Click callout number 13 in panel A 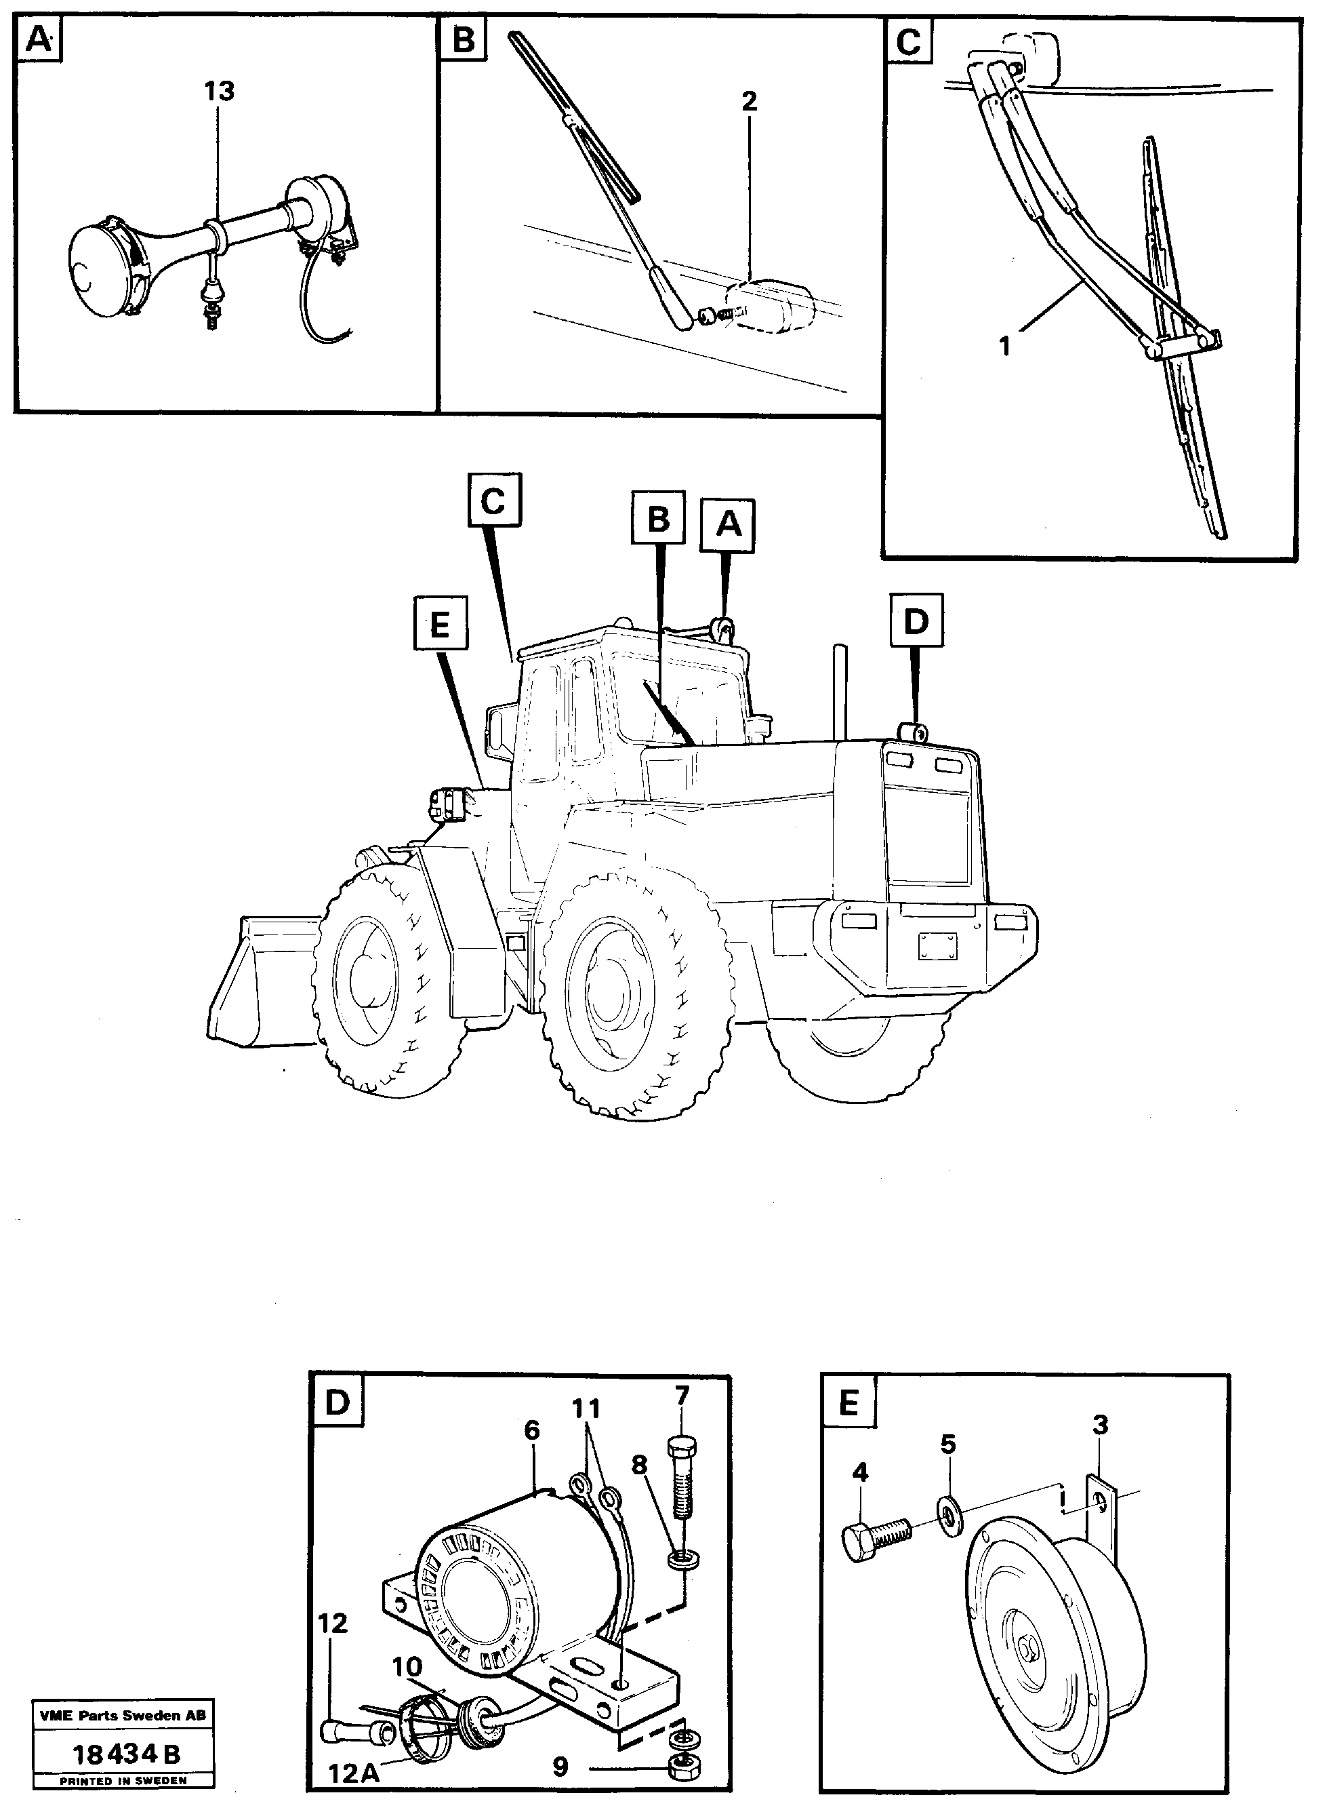tap(219, 92)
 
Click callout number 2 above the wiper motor tap(749, 102)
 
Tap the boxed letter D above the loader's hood tap(916, 621)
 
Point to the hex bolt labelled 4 tap(876, 1540)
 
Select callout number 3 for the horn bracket tap(1101, 1425)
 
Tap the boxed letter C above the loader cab tap(494, 503)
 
